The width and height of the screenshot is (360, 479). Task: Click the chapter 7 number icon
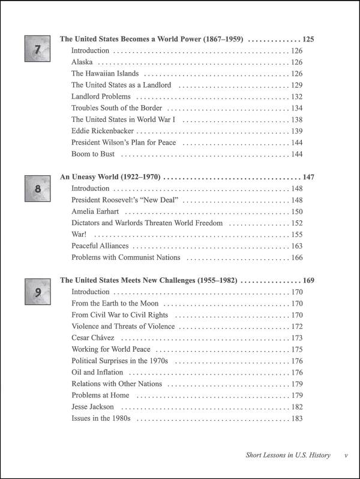[x=37, y=49]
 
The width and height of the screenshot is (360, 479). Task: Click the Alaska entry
[x=83, y=62]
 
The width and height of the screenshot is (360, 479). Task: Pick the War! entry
[x=79, y=234]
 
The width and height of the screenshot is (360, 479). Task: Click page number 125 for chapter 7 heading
[x=308, y=40]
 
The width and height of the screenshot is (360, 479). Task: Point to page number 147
[x=308, y=178]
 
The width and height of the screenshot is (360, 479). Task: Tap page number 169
[x=308, y=280]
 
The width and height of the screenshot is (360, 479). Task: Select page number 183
[x=296, y=418]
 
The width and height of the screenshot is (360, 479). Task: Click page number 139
[x=296, y=131]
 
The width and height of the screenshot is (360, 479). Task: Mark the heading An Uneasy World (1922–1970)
[x=110, y=178]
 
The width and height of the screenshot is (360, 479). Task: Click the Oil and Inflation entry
[x=97, y=372]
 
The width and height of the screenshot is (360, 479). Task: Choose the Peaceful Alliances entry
[x=100, y=246]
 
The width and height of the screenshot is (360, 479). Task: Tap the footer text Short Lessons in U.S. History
[x=288, y=455]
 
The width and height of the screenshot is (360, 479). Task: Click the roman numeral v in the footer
[x=346, y=455]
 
